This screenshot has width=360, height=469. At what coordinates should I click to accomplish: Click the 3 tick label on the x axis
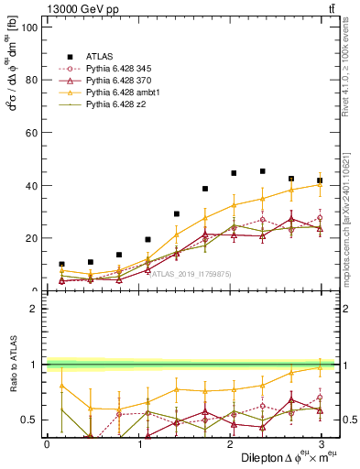[320, 444]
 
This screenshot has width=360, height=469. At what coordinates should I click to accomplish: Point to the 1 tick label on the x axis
[137, 444]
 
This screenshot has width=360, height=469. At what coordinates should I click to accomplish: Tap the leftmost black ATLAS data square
[61, 264]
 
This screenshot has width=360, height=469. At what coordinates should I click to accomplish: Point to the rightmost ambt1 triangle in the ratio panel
[320, 367]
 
